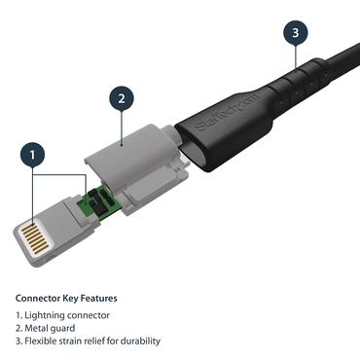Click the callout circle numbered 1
[35, 156]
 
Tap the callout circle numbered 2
[121, 98]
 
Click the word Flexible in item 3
[43, 341]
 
